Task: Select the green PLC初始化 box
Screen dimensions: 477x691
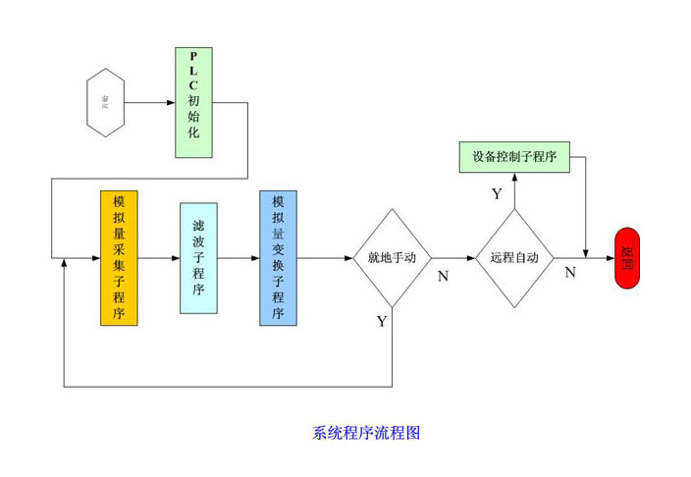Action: pyautogui.click(x=193, y=102)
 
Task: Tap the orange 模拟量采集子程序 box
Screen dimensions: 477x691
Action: pyautogui.click(x=119, y=257)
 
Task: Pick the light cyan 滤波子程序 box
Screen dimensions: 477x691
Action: pyautogui.click(x=198, y=257)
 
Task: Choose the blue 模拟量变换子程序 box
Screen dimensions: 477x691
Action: pyautogui.click(x=278, y=257)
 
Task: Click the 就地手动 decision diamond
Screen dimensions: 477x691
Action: pyautogui.click(x=392, y=258)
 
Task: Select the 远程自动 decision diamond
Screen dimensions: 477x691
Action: pyautogui.click(x=514, y=258)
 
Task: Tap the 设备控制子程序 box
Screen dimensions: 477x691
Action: pyautogui.click(x=514, y=156)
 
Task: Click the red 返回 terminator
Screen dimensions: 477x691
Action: pyautogui.click(x=627, y=258)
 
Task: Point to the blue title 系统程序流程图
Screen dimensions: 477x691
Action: pyautogui.click(x=366, y=432)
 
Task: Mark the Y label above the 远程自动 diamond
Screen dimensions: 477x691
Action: pyautogui.click(x=497, y=194)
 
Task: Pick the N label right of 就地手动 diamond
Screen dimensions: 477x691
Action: pyautogui.click(x=443, y=277)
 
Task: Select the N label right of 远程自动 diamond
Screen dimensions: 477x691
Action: pyautogui.click(x=570, y=273)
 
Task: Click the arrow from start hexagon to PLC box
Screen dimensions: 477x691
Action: pyautogui.click(x=151, y=102)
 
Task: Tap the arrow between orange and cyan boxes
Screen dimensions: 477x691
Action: pyautogui.click(x=159, y=258)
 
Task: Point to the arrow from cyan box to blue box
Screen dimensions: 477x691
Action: pyautogui.click(x=239, y=258)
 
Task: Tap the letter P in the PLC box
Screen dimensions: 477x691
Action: pyautogui.click(x=193, y=57)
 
